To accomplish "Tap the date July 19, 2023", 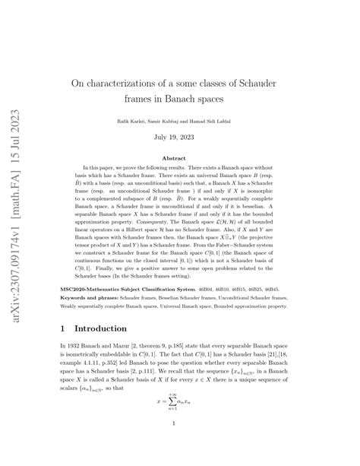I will [x=181, y=137].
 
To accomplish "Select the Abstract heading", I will [x=181, y=157].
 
